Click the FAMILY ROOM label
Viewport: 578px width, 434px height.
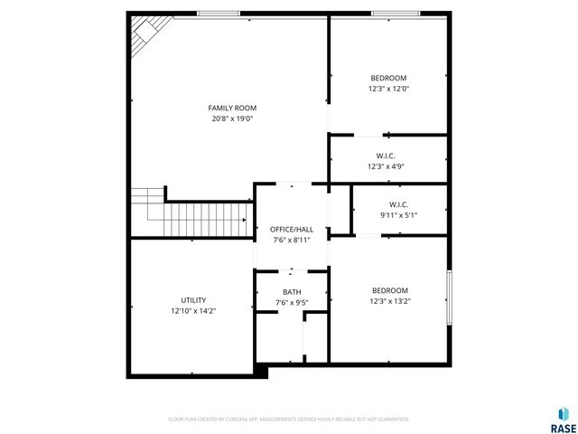click(227, 108)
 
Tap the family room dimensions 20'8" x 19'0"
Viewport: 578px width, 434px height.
click(227, 119)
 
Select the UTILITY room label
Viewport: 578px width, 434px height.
click(193, 300)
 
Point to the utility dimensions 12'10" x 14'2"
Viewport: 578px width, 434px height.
click(193, 311)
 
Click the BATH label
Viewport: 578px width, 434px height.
click(292, 292)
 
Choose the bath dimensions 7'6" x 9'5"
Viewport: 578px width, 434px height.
click(292, 302)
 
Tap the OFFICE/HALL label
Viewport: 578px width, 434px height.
click(292, 230)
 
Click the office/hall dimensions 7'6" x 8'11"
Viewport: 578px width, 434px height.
click(292, 241)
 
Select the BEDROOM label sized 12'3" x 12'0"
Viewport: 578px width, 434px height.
click(388, 78)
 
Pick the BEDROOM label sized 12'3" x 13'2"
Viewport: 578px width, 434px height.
click(389, 290)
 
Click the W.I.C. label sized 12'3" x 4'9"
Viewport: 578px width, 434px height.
click(386, 156)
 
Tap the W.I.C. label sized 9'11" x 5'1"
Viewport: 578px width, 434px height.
click(398, 204)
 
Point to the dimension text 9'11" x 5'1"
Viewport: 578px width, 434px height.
click(398, 215)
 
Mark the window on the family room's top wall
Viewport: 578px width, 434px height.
click(219, 14)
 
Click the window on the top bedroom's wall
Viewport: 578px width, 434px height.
click(394, 14)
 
